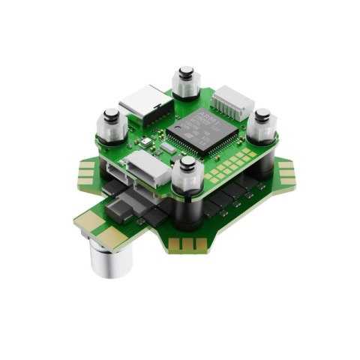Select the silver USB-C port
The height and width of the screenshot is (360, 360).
(x=148, y=103)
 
